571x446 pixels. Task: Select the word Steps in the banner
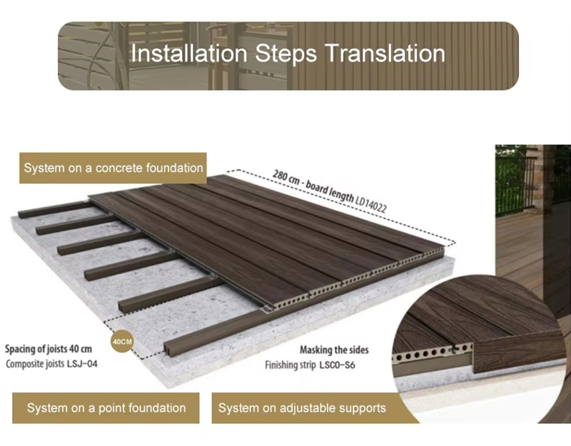pos(286,54)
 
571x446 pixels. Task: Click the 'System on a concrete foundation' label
pos(113,168)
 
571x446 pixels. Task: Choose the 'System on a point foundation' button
pos(106,407)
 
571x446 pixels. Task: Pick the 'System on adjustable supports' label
pos(302,407)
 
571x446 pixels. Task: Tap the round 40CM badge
pos(122,342)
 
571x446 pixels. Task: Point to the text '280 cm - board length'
pos(313,186)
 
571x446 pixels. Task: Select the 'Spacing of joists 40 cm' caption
pos(49,349)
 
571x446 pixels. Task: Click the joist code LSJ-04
pos(82,363)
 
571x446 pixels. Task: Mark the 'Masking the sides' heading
pos(334,350)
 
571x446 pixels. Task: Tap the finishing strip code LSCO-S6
pos(337,365)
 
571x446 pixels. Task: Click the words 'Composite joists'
pos(35,364)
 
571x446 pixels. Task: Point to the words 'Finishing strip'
pos(290,365)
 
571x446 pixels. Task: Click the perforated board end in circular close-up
pos(432,353)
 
